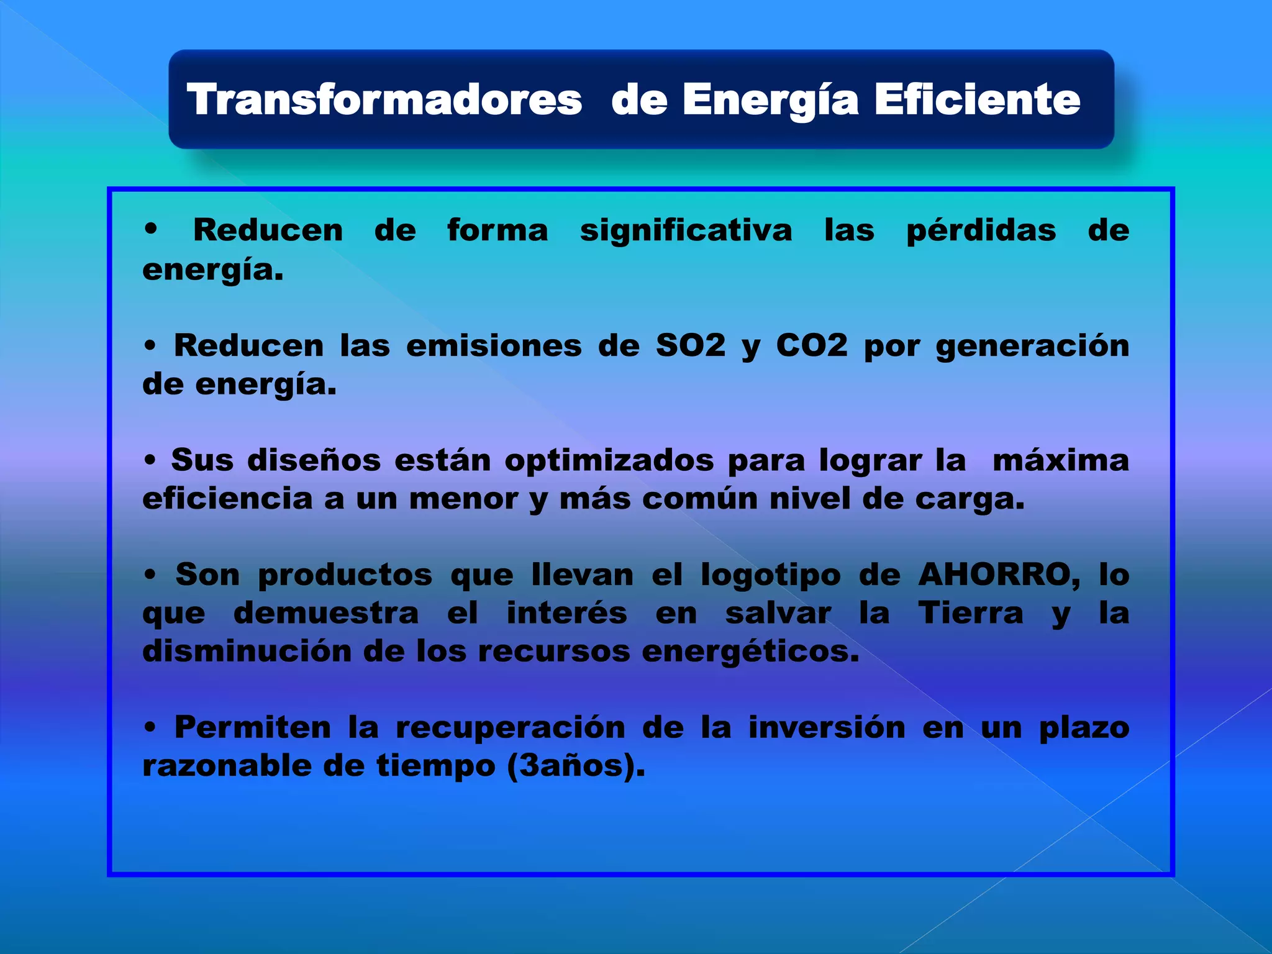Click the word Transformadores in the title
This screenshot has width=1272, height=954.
384,99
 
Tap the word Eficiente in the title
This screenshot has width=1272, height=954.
978,99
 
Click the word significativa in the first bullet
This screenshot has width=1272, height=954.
686,230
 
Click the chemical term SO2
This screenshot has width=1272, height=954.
691,345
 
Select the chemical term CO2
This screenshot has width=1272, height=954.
812,345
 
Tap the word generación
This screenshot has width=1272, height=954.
1032,347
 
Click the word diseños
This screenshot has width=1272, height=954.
314,461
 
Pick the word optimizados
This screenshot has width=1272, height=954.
609,461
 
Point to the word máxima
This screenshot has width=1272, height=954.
1060,461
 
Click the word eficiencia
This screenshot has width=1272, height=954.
227,499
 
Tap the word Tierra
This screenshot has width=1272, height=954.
970,613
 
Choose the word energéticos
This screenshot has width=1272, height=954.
750,652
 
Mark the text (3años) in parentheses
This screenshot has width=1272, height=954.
576,766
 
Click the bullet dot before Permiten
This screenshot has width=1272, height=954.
150,727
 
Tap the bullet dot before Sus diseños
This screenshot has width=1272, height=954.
150,461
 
